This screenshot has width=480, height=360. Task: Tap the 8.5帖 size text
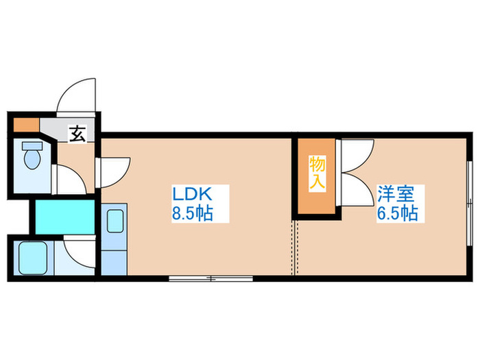[x=191, y=214]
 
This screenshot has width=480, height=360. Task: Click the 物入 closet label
[x=317, y=173]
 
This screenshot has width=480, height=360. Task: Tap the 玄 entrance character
[x=77, y=133]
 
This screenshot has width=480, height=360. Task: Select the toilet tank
[x=27, y=145]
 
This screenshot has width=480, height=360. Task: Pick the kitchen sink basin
[x=114, y=221]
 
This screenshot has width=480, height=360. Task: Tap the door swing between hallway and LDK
[x=115, y=171]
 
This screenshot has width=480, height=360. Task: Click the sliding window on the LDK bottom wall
[x=212, y=278]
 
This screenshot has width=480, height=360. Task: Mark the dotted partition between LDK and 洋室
[x=296, y=247]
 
